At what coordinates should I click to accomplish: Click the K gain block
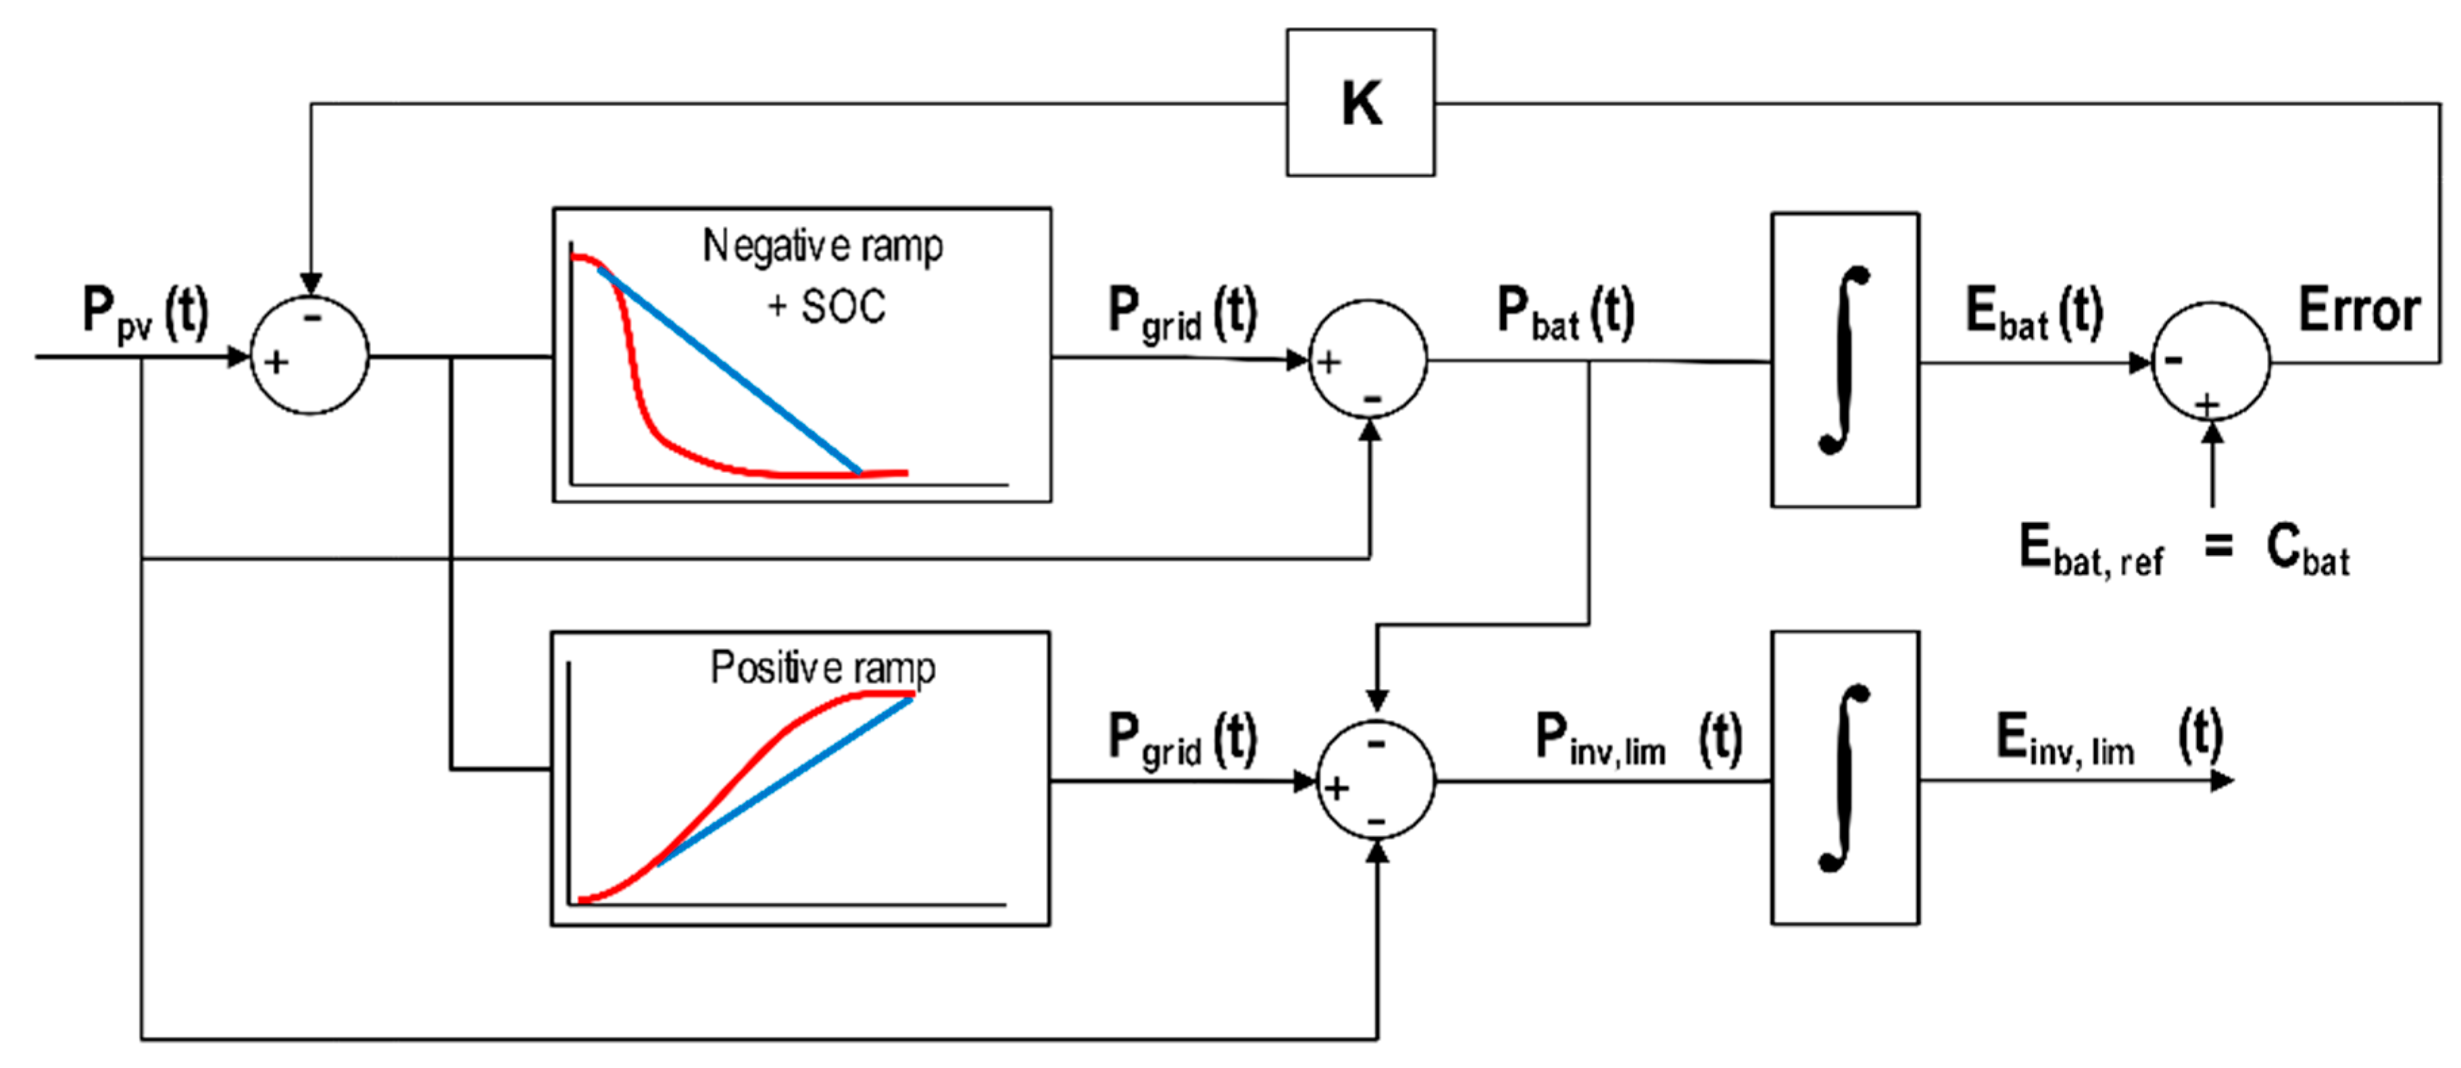point(1360,102)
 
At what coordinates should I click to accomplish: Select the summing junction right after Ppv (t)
point(309,356)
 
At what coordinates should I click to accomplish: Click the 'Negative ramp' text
point(822,247)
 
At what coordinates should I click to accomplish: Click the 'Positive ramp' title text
point(822,667)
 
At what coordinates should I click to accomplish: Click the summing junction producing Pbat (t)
point(1368,359)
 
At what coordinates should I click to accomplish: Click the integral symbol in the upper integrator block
point(1844,359)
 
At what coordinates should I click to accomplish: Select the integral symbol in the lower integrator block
point(1844,777)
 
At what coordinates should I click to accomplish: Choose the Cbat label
point(2306,551)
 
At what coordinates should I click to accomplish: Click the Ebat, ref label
point(2090,551)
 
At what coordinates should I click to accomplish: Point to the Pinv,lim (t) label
point(1637,738)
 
